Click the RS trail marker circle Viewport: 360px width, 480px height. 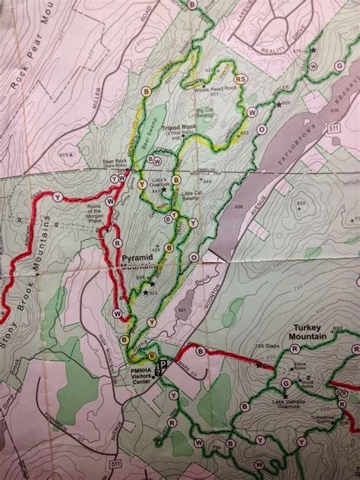(240, 79)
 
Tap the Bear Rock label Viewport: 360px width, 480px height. (114, 164)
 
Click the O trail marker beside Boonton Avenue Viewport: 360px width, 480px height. (262, 130)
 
